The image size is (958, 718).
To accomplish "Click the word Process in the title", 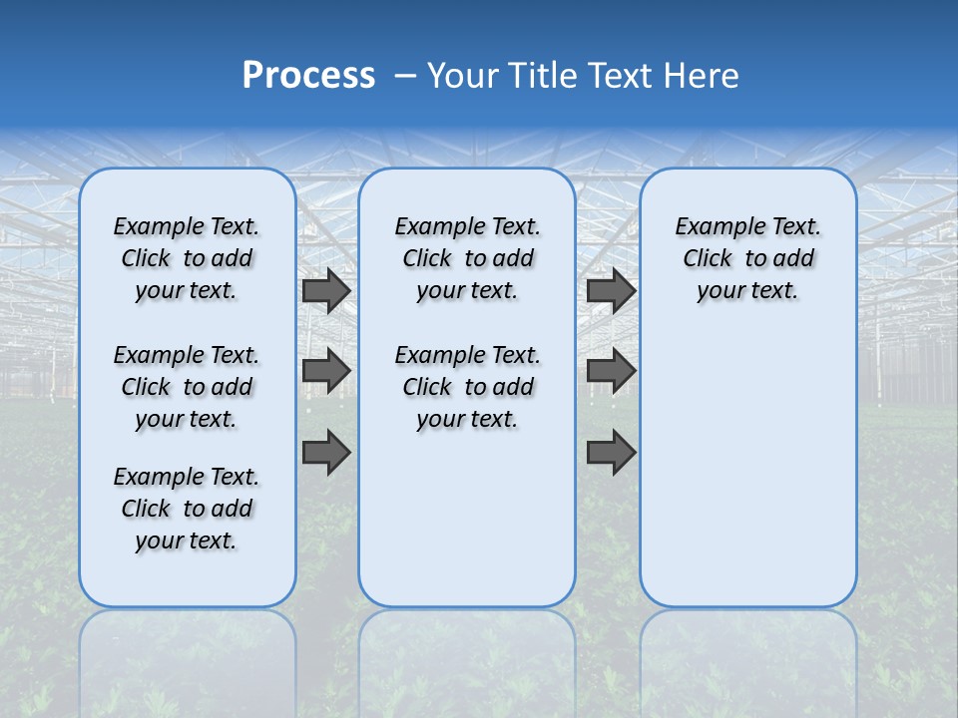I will coord(308,75).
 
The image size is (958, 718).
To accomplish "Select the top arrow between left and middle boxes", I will coord(326,290).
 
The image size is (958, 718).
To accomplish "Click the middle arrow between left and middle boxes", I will coord(326,371).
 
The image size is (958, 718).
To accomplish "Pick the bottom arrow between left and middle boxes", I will coord(326,452).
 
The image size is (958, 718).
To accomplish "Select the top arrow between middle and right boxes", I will coord(611,290).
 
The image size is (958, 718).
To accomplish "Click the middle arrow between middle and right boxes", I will coord(611,371).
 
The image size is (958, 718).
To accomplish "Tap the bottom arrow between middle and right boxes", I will coord(611,452).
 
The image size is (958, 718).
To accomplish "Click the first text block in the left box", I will coord(187,258).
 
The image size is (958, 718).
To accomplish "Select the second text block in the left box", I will coord(187,387).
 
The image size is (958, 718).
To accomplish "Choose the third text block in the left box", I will coord(187,509).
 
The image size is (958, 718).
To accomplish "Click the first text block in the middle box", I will coord(467,258).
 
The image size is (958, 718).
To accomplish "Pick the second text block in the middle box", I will coord(467,387).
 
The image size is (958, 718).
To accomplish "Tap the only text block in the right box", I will coord(747,258).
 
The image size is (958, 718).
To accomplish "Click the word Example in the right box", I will coord(715,227).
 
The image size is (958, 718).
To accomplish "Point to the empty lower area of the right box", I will coord(747,469).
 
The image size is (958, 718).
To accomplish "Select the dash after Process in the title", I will coord(405,75).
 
